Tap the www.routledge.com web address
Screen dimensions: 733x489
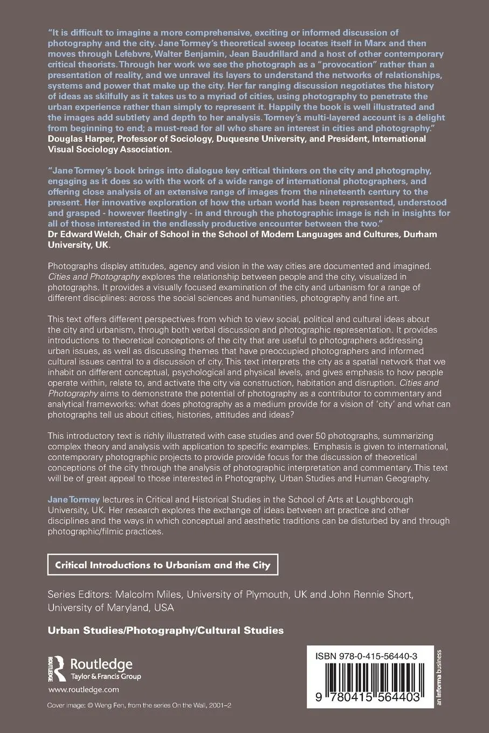pos(84,689)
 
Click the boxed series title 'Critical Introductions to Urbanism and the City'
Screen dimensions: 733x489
pos(163,565)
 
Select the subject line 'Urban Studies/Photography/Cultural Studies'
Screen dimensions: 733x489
pos(166,630)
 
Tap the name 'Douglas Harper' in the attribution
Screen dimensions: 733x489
pos(77,139)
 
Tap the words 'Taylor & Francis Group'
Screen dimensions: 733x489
pos(106,676)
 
